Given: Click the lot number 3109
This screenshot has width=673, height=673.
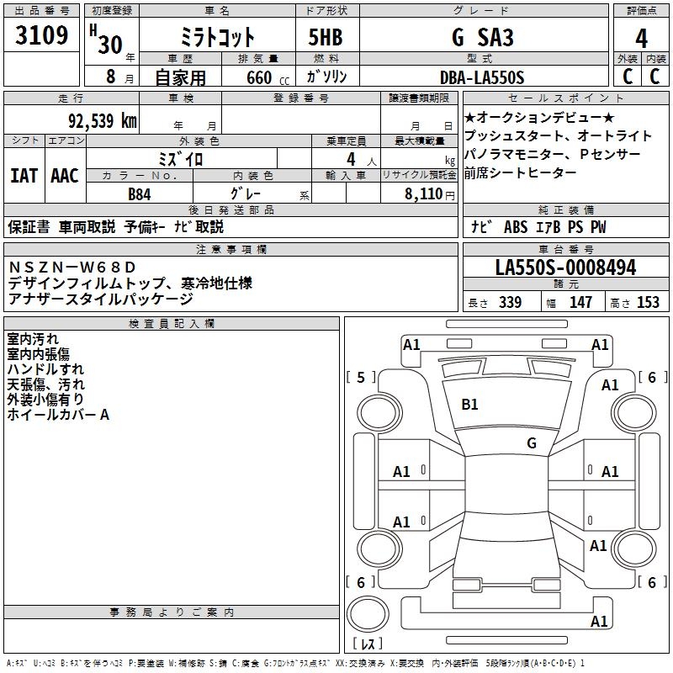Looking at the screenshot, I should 42,35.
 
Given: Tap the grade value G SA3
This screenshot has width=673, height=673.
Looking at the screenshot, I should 481,38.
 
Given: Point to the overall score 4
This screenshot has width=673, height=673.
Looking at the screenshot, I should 642,39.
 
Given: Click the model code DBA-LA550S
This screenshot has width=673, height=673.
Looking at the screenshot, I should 481,77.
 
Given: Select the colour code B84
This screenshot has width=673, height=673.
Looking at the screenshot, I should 140,193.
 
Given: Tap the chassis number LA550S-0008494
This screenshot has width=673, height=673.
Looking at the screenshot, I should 565,268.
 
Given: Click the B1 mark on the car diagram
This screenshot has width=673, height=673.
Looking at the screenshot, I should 469,405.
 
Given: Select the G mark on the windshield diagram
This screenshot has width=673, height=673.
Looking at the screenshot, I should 532,442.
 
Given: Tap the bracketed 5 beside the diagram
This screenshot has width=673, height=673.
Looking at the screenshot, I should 361,378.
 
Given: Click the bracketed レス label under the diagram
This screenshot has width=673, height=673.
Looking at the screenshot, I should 367,645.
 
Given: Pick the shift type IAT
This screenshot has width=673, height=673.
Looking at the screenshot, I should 24,176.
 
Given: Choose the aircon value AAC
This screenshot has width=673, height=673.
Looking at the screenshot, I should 65,176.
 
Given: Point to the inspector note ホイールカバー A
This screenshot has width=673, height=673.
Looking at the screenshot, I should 58,415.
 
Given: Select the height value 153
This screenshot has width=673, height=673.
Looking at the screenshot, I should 648,303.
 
